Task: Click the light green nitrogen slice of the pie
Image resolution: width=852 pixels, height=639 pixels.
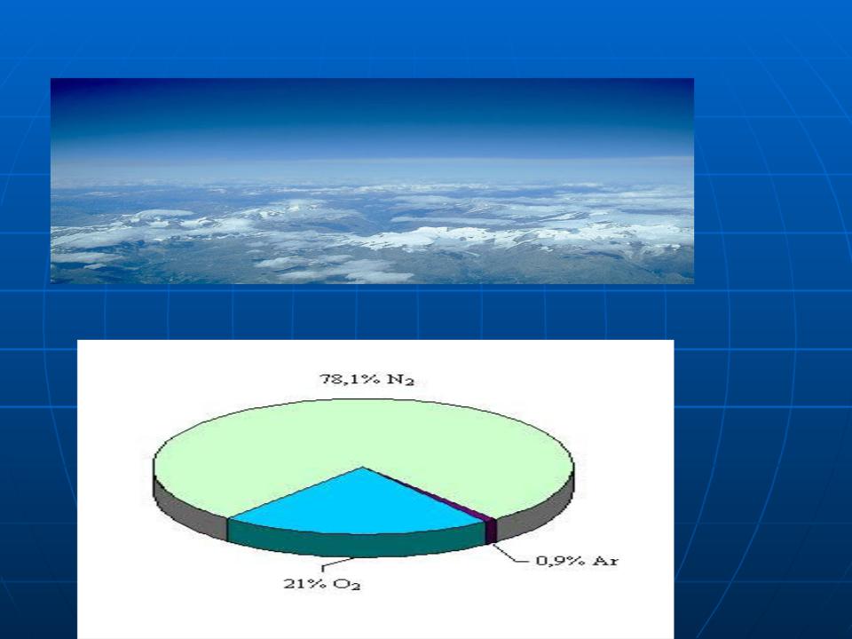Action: [364, 435]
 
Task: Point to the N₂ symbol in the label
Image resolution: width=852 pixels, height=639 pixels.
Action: [400, 379]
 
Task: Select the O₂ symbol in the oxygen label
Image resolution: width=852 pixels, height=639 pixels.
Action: [347, 585]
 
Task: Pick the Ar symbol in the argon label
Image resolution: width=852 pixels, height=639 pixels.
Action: [604, 561]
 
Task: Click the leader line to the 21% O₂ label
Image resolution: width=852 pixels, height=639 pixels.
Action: [337, 563]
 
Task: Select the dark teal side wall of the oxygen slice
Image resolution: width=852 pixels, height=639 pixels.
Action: [356, 544]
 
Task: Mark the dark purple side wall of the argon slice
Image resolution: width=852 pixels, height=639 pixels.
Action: [491, 532]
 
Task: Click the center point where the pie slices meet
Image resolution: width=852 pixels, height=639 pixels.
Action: [363, 468]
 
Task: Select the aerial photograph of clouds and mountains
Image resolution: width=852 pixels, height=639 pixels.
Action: [372, 181]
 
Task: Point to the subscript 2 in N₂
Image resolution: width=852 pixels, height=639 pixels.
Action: [410, 383]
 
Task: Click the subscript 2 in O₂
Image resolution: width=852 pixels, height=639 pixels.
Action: [356, 588]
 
